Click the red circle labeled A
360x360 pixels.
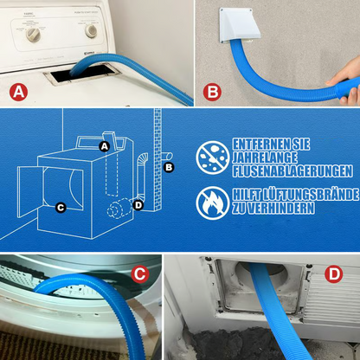coord(19,92)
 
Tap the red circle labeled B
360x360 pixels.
coord(212,92)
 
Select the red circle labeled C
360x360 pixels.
coord(140,274)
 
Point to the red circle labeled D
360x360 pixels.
coord(334,274)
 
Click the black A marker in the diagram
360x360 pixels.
coord(105,146)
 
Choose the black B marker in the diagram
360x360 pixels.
coord(169,167)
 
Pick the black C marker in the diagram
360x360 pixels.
coord(61,208)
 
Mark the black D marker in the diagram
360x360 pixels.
coord(138,205)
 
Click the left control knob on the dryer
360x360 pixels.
coord(33,35)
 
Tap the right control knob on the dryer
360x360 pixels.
coord(91,31)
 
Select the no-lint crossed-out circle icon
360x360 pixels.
coord(213,157)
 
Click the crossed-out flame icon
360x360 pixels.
coord(213,203)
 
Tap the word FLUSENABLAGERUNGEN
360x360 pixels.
coord(292,170)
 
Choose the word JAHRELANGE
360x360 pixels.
coord(265,157)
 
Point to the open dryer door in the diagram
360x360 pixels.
coord(30,191)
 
